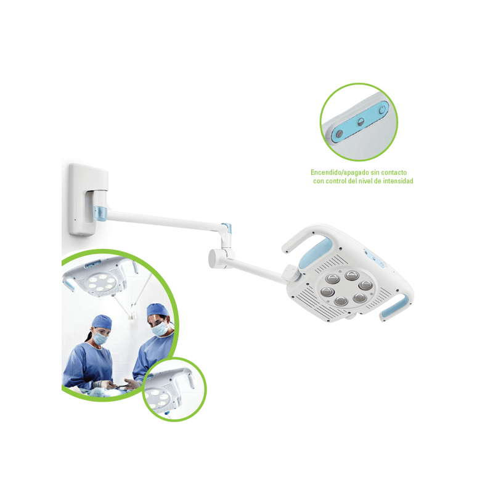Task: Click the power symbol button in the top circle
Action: pos(382,110)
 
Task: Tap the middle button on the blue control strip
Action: pos(361,122)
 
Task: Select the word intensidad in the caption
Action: pos(398,181)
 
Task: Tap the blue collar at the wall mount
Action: pos(100,213)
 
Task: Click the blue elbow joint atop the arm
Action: pos(227,227)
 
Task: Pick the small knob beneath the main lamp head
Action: pos(350,316)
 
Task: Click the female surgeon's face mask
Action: pos(100,338)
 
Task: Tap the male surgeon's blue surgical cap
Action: pos(157,310)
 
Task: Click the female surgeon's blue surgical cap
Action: pos(102,322)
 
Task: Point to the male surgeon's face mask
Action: pos(160,329)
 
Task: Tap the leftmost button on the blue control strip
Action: pos(340,134)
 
